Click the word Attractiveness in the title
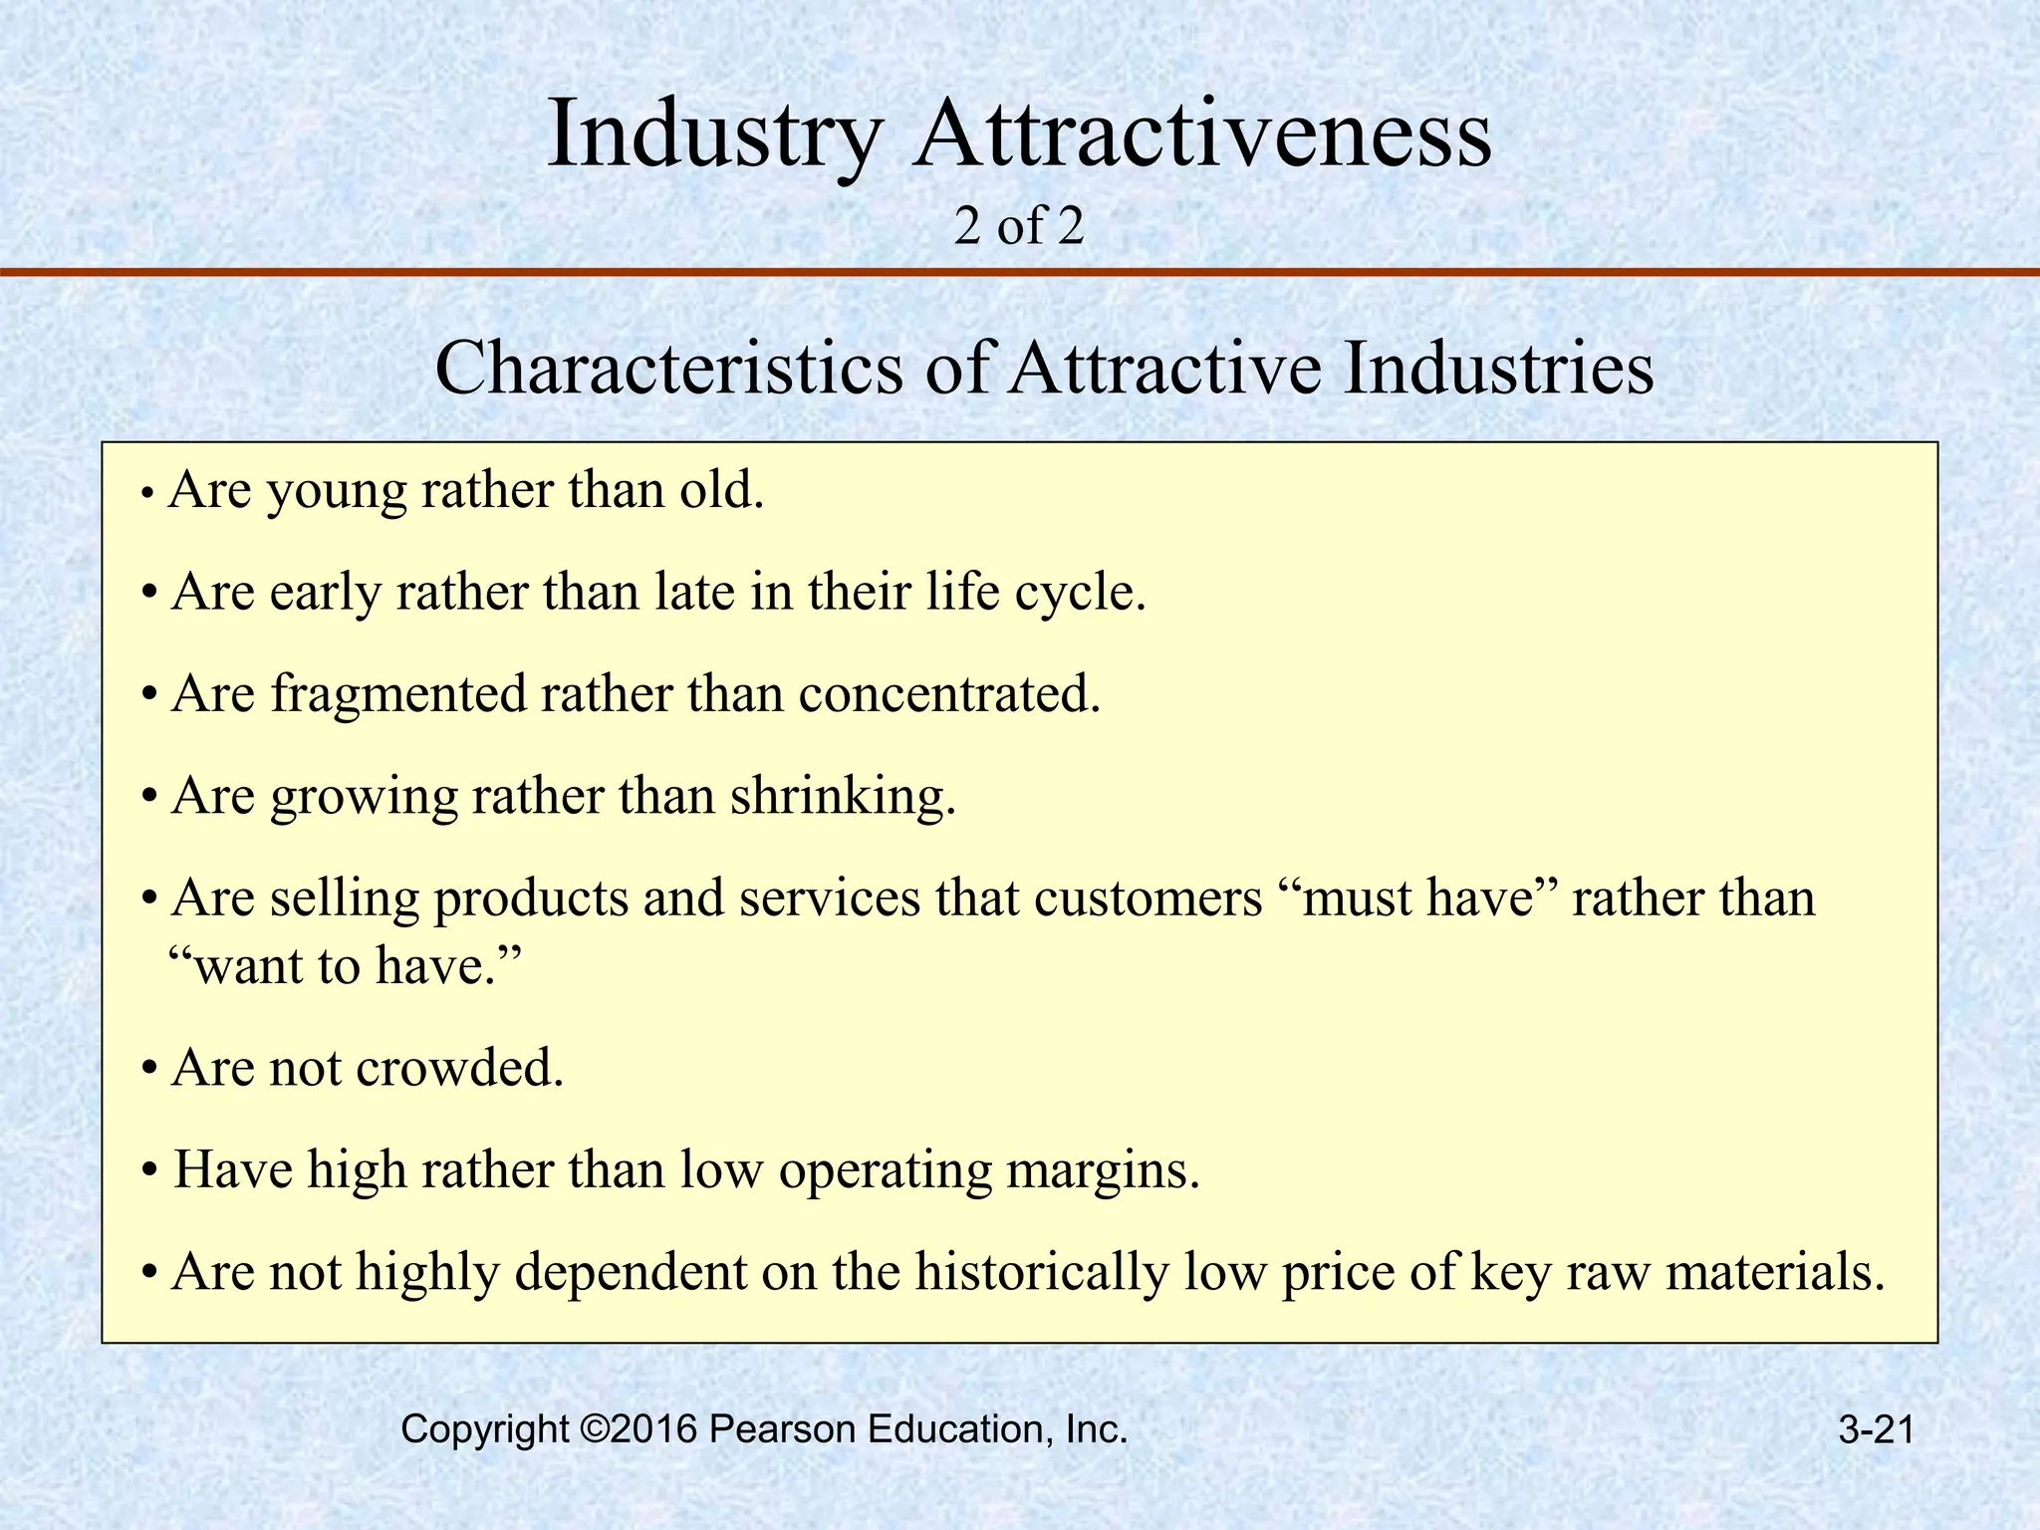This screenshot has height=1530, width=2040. coord(1203,133)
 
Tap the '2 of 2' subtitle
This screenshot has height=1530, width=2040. coord(1018,227)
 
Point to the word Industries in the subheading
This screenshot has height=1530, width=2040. coord(1499,369)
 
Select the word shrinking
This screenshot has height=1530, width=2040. coord(843,796)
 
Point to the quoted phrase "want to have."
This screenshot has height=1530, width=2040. coord(344,965)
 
